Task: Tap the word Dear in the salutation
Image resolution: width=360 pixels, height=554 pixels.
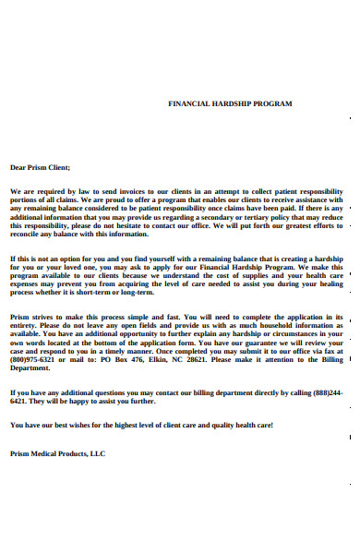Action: point(18,167)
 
